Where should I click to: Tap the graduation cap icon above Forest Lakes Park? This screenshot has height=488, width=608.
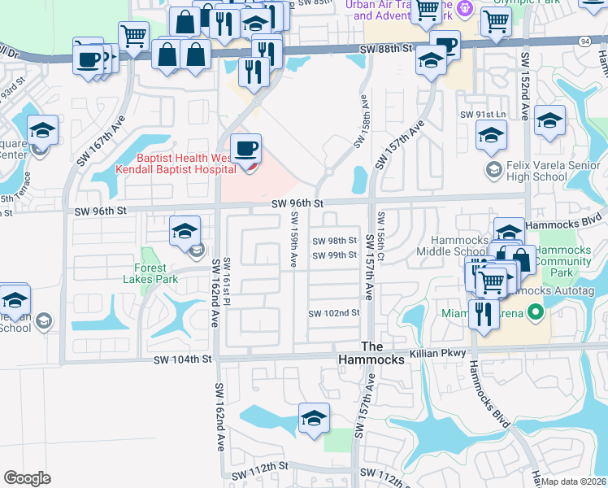click(185, 231)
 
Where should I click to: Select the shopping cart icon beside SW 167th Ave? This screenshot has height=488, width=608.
click(133, 36)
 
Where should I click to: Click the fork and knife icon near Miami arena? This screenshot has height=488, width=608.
click(484, 313)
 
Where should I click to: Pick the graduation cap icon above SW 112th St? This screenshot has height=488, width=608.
click(314, 418)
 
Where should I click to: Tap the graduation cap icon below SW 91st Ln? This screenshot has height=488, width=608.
click(492, 136)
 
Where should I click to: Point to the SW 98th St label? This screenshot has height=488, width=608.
click(335, 241)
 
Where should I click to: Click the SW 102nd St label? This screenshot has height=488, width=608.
click(333, 313)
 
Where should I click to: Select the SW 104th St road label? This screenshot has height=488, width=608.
click(184, 359)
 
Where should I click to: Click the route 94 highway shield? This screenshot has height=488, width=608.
click(585, 40)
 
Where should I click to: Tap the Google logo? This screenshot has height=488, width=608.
click(28, 478)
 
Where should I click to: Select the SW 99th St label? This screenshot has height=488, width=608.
click(335, 255)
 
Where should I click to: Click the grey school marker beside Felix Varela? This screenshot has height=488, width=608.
click(493, 170)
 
